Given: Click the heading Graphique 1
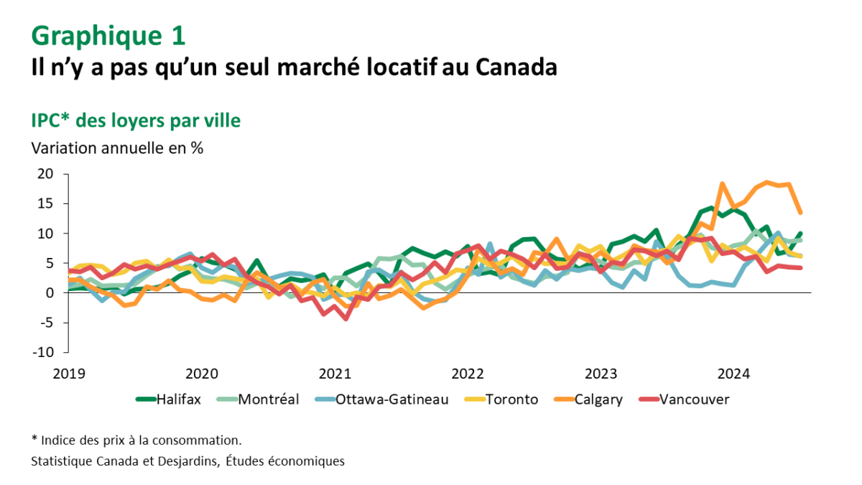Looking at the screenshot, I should [108, 34].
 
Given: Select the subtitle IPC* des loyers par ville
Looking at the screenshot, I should [136, 121].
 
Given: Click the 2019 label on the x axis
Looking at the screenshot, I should [68, 374].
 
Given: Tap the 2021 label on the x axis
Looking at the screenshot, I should [335, 374].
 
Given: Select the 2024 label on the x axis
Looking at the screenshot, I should [734, 374].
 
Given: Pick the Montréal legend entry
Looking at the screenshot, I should [268, 399].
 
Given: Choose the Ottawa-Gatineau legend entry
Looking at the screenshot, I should [391, 399].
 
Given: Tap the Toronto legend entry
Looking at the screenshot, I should [511, 399].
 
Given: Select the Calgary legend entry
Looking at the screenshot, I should [598, 399].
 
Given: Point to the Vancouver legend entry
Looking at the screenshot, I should [693, 399].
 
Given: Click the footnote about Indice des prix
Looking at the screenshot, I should [136, 440].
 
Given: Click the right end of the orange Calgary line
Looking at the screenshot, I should [800, 213].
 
